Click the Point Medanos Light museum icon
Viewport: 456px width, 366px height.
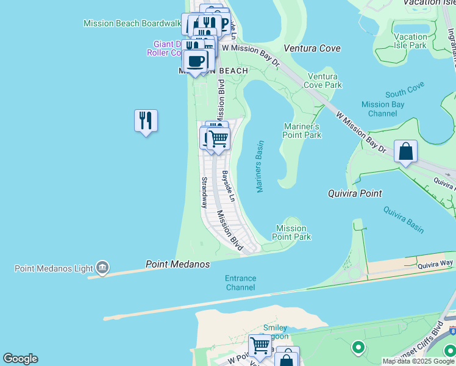click(x=102, y=268)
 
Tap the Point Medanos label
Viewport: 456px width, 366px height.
click(x=177, y=264)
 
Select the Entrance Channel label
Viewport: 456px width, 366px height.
click(x=241, y=282)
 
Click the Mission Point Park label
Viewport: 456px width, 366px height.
click(x=291, y=232)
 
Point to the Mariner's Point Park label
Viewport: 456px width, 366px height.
click(x=302, y=131)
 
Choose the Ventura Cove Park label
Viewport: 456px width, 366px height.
click(x=325, y=81)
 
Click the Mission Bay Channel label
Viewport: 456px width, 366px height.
click(x=383, y=109)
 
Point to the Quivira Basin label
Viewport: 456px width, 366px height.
click(x=404, y=219)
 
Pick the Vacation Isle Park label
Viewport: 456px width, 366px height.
click(x=410, y=41)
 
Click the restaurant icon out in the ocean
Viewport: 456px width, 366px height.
click(x=146, y=120)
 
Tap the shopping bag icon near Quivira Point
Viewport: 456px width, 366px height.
click(x=405, y=151)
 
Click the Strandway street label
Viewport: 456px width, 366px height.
click(x=204, y=193)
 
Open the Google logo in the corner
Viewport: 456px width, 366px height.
click(x=20, y=359)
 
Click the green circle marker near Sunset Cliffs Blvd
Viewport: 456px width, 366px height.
click(x=358, y=348)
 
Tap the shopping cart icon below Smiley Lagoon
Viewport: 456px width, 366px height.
click(x=260, y=345)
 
